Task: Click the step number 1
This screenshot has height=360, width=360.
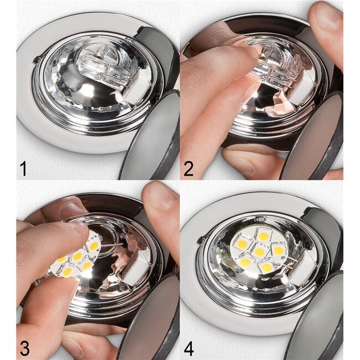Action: pyautogui.click(x=23, y=168)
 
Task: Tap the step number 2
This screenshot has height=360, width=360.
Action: pyautogui.click(x=189, y=168)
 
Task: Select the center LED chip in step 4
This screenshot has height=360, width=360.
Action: pyautogui.click(x=259, y=252)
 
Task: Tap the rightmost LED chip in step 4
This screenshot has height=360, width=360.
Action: pyautogui.click(x=278, y=250)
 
